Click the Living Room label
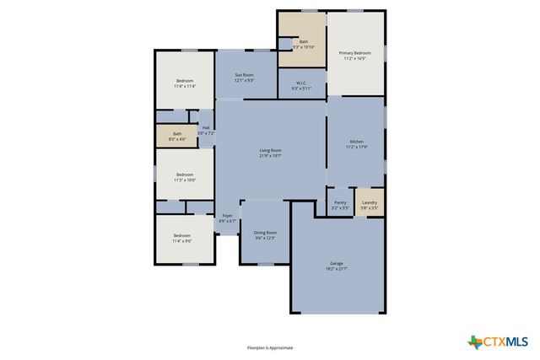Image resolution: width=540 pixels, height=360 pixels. [x=270, y=150]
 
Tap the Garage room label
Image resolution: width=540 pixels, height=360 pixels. [x=336, y=264]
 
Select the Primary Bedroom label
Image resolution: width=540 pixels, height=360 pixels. [x=355, y=53]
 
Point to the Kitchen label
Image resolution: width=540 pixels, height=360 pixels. [x=356, y=141]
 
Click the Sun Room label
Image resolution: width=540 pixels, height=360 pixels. [x=244, y=75]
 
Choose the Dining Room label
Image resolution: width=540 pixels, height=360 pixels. [x=266, y=232]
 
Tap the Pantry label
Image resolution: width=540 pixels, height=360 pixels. [x=340, y=202]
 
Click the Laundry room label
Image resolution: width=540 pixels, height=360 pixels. [x=369, y=202]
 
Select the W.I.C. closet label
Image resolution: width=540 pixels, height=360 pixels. [x=301, y=83]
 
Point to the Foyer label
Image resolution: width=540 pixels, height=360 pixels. [x=227, y=216]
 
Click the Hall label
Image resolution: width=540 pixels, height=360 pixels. [x=206, y=128]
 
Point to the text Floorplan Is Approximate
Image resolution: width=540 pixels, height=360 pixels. [x=270, y=347]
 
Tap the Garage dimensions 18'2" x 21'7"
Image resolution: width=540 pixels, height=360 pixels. [x=336, y=269]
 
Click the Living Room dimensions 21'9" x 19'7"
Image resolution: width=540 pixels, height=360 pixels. [x=270, y=156]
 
